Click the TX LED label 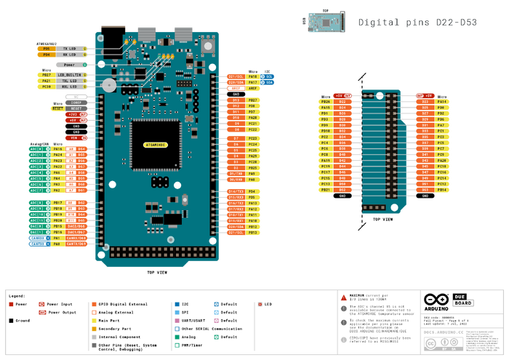70,48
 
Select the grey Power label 69,65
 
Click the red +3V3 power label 73,114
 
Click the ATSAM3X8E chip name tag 155,145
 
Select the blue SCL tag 268,76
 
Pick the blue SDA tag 268,82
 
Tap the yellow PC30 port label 46,87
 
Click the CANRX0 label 76,238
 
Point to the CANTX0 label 76,244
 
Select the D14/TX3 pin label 236,191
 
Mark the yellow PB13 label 252,233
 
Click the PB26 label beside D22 325,102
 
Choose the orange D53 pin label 425,190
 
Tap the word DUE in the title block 460,297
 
